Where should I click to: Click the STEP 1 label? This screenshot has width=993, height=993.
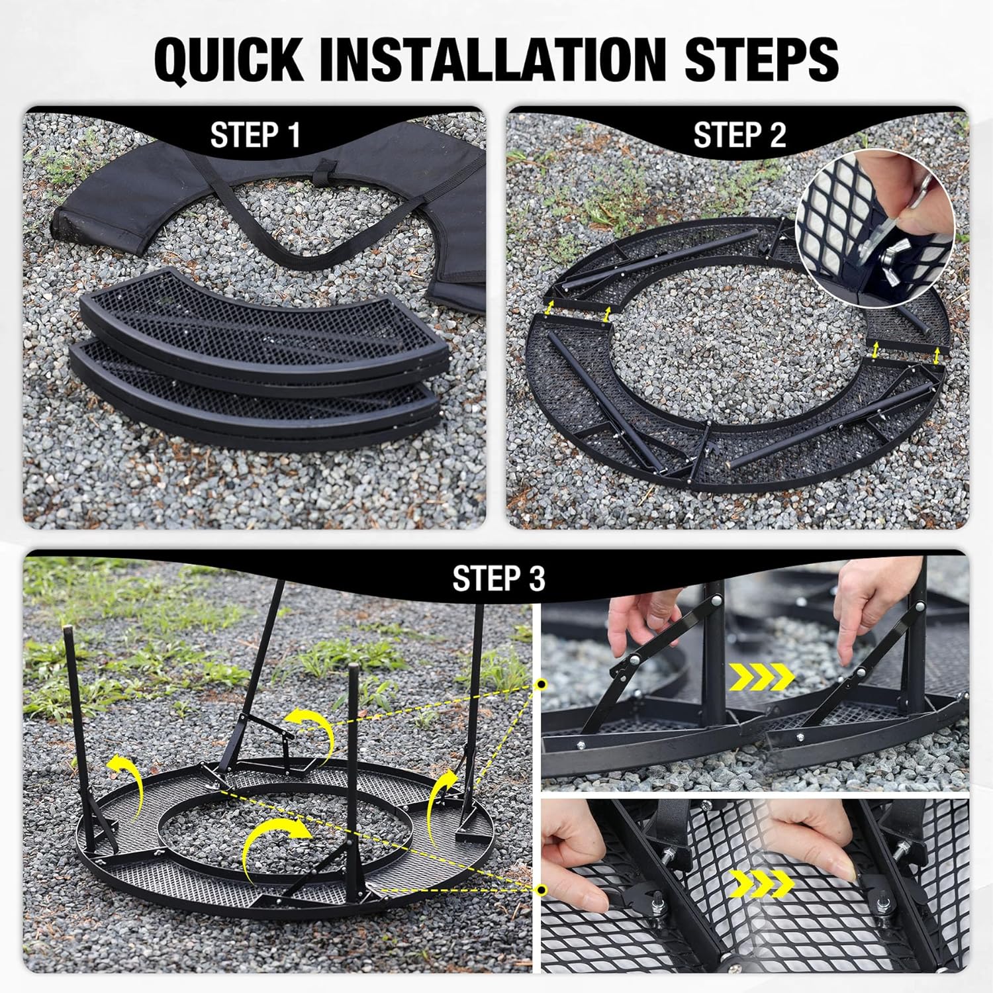(x=255, y=135)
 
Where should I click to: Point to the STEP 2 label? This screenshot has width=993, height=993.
(x=739, y=135)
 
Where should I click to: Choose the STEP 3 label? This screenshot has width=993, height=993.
(x=498, y=578)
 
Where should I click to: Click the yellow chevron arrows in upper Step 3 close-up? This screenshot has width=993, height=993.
(x=761, y=677)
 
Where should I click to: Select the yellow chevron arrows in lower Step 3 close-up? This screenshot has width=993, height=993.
(x=761, y=883)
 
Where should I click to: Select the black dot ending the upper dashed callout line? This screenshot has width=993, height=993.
(x=542, y=683)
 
